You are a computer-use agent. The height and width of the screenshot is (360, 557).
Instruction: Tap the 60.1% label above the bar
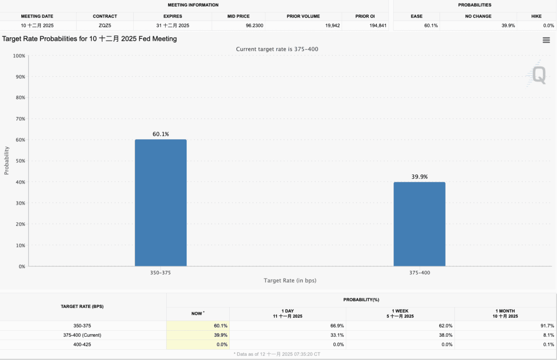coord(161,134)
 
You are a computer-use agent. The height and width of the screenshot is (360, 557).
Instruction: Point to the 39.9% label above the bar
coord(419,177)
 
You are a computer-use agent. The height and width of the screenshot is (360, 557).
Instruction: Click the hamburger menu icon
coord(546,40)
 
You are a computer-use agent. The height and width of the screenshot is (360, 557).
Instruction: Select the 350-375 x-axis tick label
coord(161,273)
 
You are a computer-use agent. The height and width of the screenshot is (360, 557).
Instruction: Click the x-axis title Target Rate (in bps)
coord(290,281)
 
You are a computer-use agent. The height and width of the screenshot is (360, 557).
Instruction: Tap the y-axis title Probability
coord(6,161)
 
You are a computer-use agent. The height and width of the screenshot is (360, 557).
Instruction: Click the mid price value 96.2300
coord(254,26)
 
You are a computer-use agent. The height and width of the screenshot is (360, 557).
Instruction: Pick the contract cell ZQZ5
coord(105,26)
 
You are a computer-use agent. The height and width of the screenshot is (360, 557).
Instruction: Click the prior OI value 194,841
coord(376,26)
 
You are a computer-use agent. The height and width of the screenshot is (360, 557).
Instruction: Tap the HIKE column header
coord(536,16)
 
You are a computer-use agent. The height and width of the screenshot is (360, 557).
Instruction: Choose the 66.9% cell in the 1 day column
coord(337,326)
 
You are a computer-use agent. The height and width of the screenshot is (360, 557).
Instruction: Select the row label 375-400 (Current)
coord(82,335)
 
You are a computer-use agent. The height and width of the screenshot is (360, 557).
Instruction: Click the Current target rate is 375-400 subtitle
coord(277,49)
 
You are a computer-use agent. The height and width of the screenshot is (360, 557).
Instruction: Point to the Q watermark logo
coord(538,75)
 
